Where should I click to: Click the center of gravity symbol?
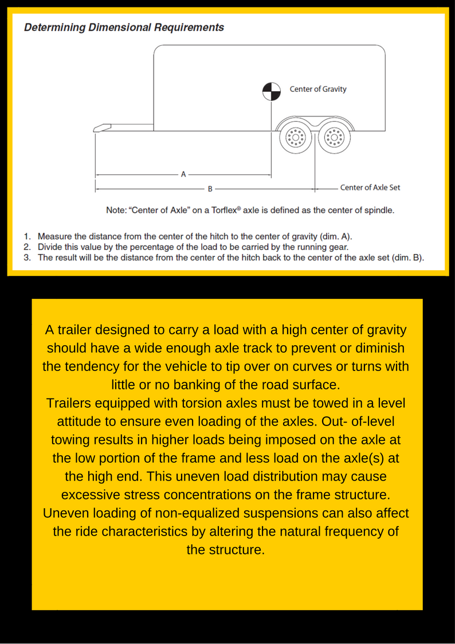point(272,90)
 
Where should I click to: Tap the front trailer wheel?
point(296,138)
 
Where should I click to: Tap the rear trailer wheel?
point(333,138)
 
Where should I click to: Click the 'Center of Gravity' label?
point(318,89)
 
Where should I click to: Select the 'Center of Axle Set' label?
point(370,188)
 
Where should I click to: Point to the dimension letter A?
point(183,174)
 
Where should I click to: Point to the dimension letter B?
point(210,188)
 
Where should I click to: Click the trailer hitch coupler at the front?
point(103,128)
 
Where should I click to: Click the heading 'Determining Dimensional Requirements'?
point(124,28)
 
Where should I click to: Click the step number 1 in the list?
point(26,236)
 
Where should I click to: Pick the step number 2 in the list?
point(26,247)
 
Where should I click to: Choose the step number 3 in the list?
point(26,257)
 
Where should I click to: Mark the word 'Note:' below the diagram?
point(117,210)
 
